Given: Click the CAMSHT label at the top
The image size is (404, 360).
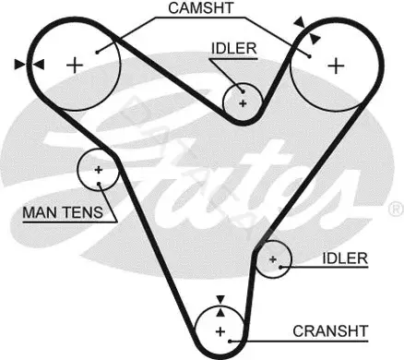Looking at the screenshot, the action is click(201, 8).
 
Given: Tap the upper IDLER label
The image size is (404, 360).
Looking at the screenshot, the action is click(233, 49).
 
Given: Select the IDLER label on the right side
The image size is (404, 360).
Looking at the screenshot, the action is click(345, 258).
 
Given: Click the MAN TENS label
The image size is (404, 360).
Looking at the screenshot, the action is click(63, 212).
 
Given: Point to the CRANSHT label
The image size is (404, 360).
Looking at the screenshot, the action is click(330, 331).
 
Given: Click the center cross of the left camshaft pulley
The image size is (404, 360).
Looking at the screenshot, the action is click(75, 66).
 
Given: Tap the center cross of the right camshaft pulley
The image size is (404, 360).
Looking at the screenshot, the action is click(336, 66).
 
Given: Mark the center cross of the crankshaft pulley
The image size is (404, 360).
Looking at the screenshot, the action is click(220, 331).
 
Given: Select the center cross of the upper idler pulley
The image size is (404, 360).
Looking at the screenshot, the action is click(243, 103).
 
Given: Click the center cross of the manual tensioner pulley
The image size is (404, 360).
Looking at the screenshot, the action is click(99, 170).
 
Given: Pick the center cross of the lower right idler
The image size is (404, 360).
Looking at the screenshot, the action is click(273, 259).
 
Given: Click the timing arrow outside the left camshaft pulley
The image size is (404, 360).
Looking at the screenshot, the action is click(20, 65).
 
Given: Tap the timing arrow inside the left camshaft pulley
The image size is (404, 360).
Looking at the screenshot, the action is click(39, 65).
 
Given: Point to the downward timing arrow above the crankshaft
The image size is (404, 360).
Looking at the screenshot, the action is click(220, 300).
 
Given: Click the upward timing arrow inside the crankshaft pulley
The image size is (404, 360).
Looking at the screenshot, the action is click(220, 312).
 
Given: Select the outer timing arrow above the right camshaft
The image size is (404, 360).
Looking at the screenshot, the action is click(300, 22).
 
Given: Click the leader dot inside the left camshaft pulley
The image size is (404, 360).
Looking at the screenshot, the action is click(97, 53).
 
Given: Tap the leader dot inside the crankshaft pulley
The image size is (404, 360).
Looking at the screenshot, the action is click(230, 341).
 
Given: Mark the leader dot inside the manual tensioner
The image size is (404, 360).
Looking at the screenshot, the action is click(99, 184).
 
